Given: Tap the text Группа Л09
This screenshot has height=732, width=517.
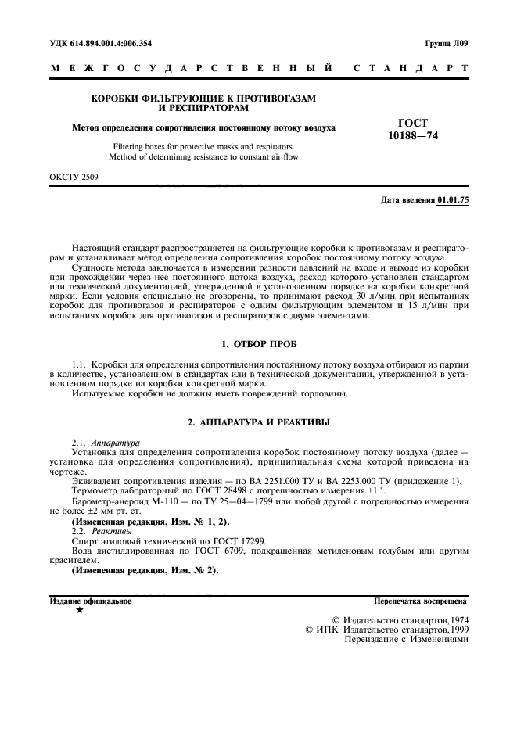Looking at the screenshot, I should [447, 44].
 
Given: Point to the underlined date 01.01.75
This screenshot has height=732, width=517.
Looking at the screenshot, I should [454, 200].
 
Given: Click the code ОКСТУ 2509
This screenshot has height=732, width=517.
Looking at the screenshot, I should [74, 178].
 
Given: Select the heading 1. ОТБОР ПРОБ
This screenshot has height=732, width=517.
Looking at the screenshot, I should [258, 345].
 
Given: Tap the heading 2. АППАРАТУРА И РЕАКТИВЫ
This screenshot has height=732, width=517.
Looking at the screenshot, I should [258, 422].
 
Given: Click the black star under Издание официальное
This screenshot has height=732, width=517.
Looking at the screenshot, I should [79, 610].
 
